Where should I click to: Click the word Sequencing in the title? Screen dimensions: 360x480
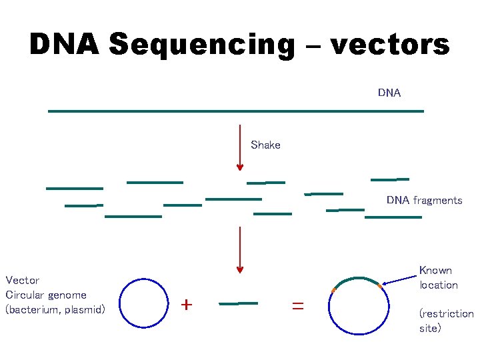pyautogui.click(x=201, y=45)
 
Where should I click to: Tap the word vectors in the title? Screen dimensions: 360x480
pyautogui.click(x=389, y=45)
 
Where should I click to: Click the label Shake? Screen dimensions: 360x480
pyautogui.click(x=265, y=145)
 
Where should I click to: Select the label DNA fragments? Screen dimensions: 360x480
pyautogui.click(x=424, y=200)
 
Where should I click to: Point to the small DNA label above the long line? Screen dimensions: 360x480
pyautogui.click(x=389, y=93)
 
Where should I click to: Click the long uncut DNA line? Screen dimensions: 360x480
pyautogui.click(x=236, y=111)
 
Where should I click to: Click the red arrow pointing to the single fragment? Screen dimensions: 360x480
pyautogui.click(x=240, y=249)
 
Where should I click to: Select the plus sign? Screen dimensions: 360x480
pyautogui.click(x=187, y=305)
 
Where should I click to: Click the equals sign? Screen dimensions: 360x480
pyautogui.click(x=297, y=305)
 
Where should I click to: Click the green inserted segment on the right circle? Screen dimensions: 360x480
pyautogui.click(x=357, y=279)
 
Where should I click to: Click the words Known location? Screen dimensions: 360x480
pyautogui.click(x=438, y=277)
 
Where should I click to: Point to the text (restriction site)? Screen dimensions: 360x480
pyautogui.click(x=446, y=321)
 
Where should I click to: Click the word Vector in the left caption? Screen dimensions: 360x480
pyautogui.click(x=23, y=280)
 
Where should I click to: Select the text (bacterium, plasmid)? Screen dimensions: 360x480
pyautogui.click(x=55, y=309)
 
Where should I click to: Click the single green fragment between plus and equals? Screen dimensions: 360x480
pyautogui.click(x=238, y=303)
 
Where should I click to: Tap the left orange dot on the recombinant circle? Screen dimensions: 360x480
pyautogui.click(x=333, y=290)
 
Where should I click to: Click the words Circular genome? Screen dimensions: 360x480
pyautogui.click(x=46, y=295)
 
